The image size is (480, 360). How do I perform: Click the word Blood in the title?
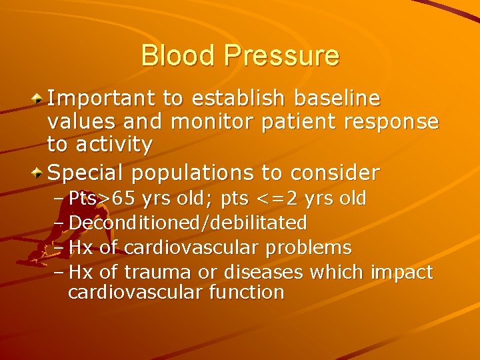tap(178, 55)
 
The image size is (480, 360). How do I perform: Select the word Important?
tap(103, 100)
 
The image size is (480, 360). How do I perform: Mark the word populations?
tap(193, 173)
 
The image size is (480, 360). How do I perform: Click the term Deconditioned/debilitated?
tap(187, 222)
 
